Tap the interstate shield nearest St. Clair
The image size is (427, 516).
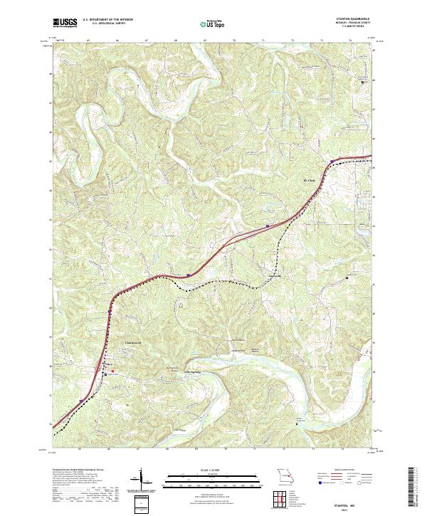click(267, 227)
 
